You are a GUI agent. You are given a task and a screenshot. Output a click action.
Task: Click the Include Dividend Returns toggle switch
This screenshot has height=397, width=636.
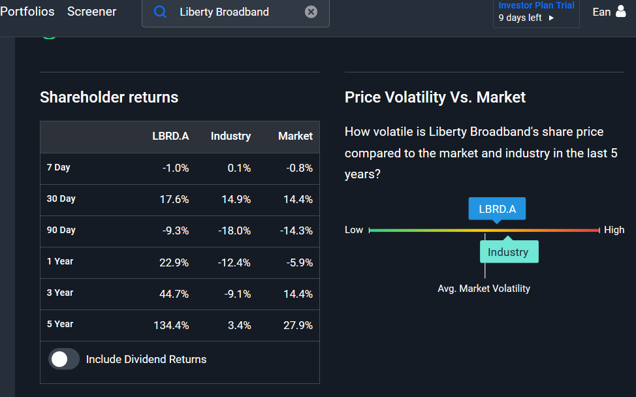64,359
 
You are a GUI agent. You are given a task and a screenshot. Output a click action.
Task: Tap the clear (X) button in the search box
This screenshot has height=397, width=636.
311,12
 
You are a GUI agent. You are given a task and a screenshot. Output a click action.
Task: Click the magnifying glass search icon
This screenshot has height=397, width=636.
160,12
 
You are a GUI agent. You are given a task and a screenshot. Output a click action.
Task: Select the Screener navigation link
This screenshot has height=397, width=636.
91,11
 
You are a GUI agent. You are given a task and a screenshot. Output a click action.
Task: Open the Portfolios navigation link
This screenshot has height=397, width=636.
27,11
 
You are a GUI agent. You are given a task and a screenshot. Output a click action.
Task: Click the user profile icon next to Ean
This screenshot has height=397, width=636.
620,11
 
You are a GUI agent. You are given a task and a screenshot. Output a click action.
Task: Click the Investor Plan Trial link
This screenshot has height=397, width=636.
536,5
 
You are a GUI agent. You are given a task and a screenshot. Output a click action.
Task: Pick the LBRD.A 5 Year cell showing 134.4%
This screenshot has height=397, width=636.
171,325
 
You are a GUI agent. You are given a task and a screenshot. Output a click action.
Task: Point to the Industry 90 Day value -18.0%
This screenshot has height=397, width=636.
234,230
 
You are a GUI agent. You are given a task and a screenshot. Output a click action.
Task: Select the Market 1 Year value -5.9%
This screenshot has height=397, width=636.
299,262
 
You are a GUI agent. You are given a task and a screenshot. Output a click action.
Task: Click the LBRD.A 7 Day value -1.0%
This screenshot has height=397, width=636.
176,168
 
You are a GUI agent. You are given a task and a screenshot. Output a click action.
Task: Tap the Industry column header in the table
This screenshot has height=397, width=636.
231,136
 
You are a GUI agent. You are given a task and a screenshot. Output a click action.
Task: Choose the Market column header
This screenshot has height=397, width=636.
295,136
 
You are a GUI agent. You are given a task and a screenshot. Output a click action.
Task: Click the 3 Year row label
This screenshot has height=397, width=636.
60,293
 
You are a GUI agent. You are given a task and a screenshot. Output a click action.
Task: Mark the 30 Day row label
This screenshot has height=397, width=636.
61,198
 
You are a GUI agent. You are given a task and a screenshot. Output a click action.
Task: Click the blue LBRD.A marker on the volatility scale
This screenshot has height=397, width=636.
497,209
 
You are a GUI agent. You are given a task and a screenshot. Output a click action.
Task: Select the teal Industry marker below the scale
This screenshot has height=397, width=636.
509,251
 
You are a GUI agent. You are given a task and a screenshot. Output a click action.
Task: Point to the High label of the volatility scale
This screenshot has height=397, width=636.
614,230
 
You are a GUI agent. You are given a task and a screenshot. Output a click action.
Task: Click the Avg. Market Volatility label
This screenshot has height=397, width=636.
484,289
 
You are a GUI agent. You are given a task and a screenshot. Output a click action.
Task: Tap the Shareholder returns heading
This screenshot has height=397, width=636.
109,97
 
